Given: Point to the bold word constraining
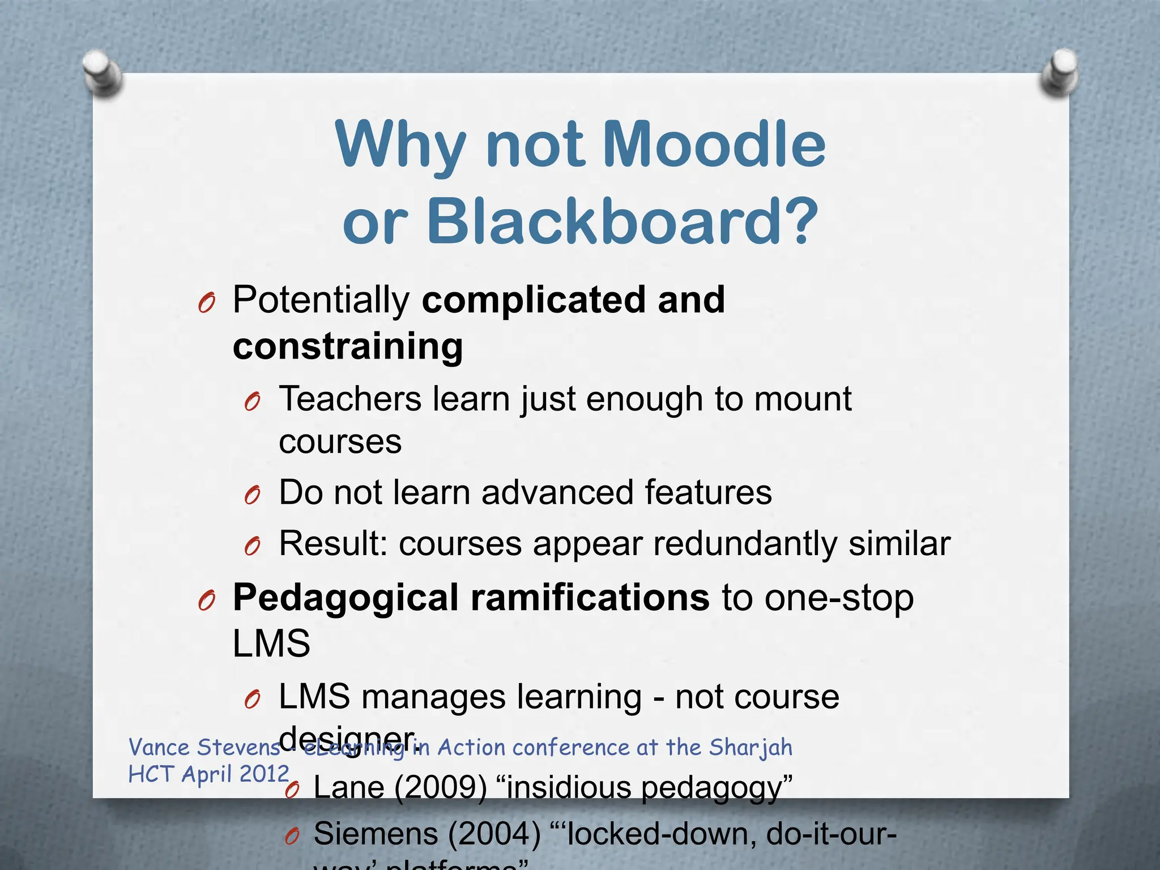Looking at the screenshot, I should click(x=348, y=346).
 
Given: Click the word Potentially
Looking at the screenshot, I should click(x=321, y=300).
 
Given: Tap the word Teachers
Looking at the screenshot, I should click(x=350, y=399).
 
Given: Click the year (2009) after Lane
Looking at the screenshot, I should click(x=440, y=787).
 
